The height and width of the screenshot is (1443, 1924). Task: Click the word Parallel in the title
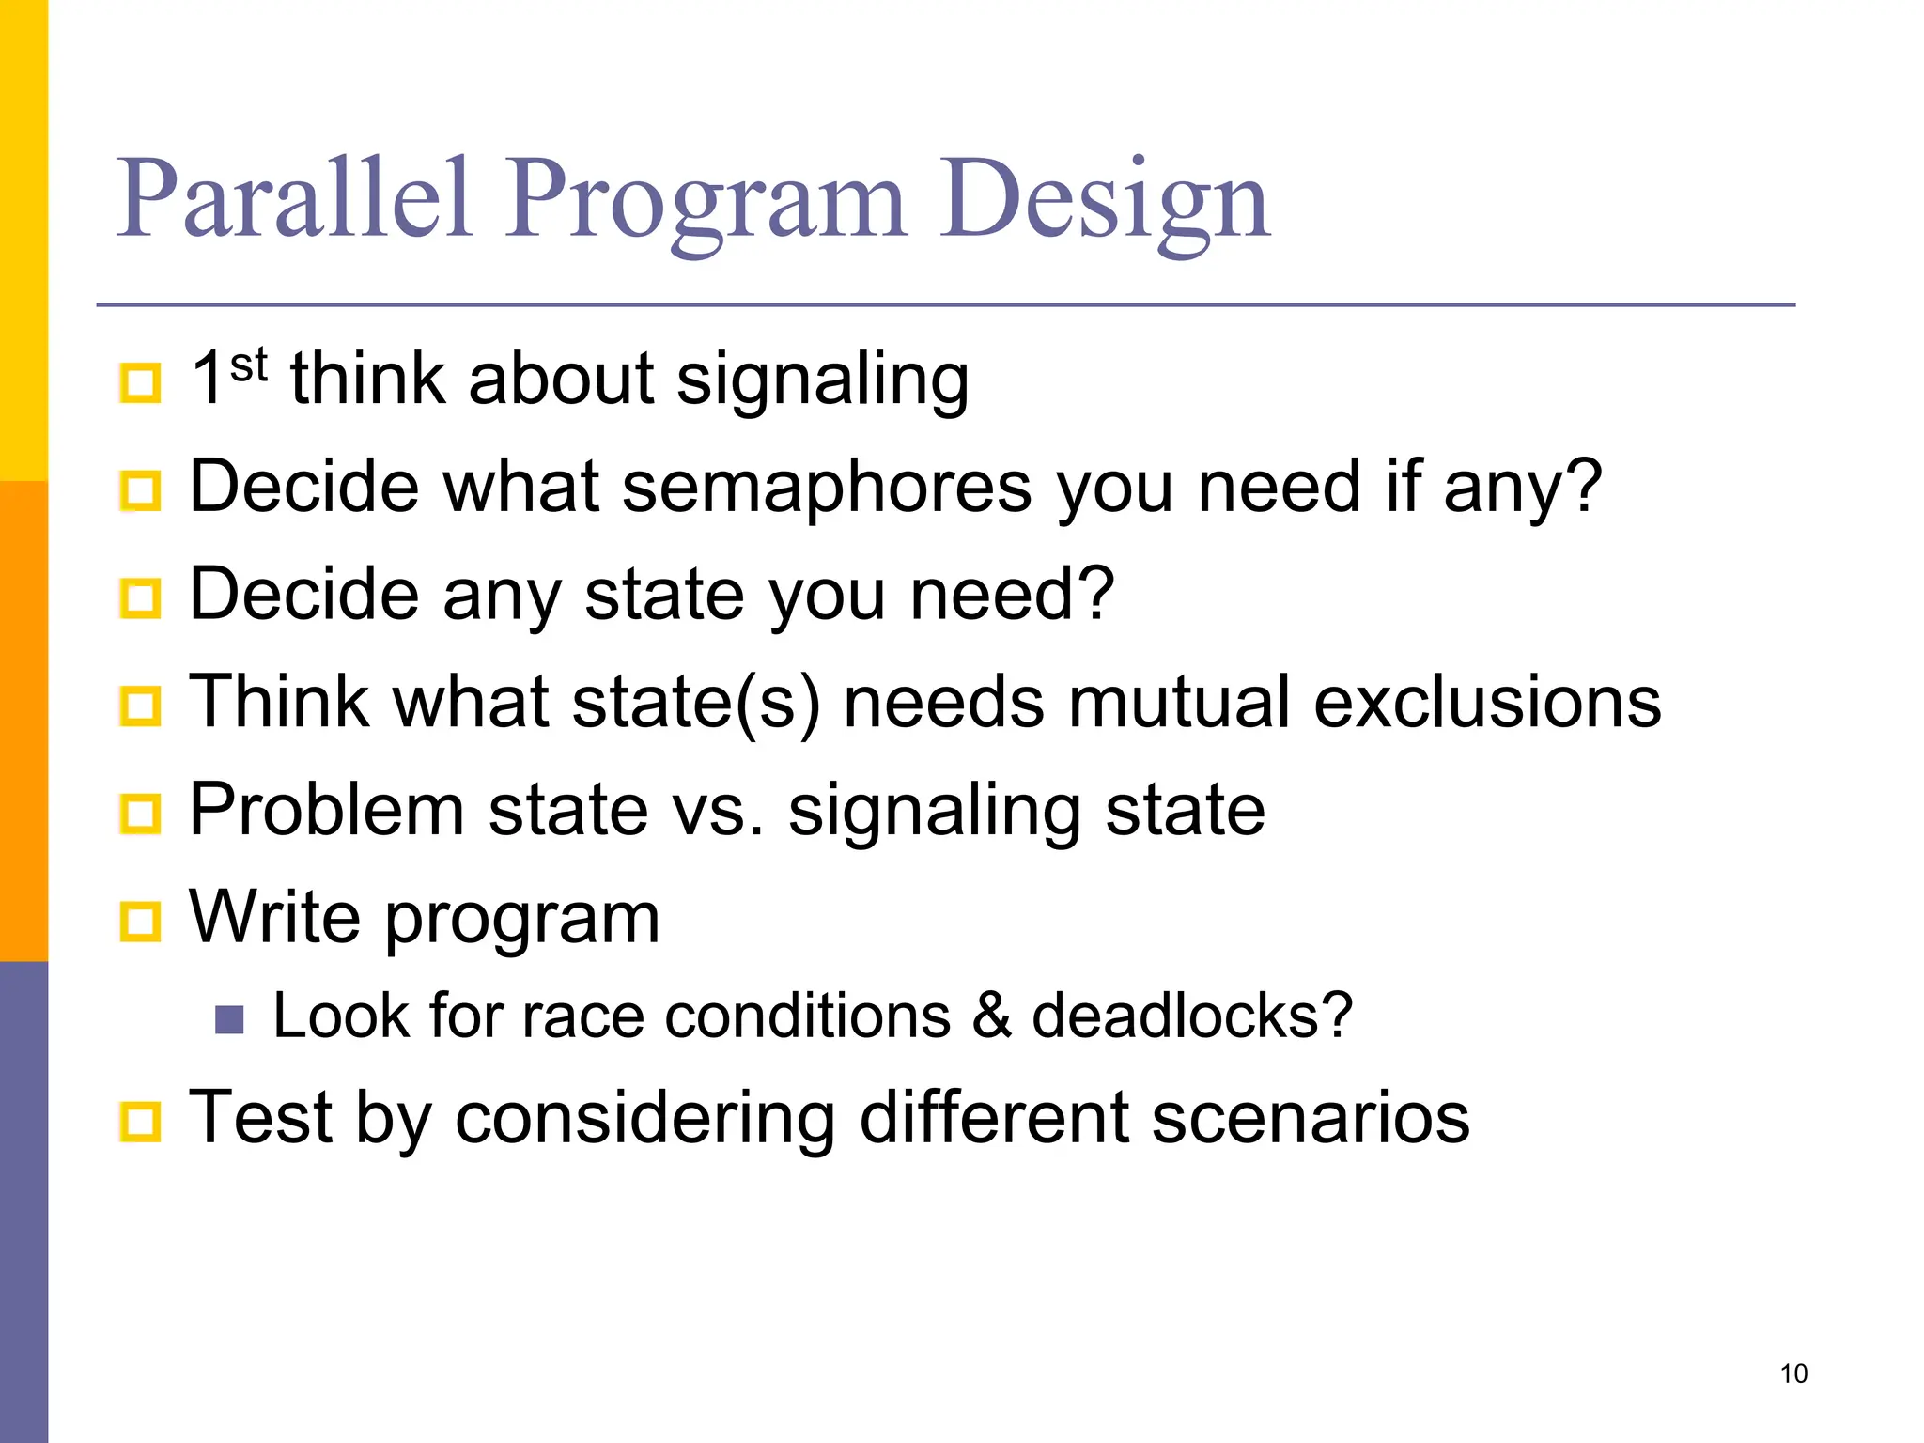coord(293,199)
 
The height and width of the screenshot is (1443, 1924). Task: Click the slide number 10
coord(1793,1373)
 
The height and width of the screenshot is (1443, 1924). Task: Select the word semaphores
coord(827,487)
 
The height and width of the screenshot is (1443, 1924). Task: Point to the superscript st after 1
coord(248,365)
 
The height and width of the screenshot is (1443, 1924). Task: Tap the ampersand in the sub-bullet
coord(992,1016)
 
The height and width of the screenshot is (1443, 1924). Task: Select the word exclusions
coord(1488,703)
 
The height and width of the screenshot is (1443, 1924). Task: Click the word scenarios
coord(1310,1118)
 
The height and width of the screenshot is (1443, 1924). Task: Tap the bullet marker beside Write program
coord(141,922)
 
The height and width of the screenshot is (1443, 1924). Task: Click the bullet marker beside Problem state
coord(141,814)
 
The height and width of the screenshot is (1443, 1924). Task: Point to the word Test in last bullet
coord(261,1118)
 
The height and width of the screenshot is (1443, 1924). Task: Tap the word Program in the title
coord(706,199)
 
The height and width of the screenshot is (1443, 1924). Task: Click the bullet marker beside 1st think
coord(141,382)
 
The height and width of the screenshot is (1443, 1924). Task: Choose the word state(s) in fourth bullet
coord(695,703)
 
